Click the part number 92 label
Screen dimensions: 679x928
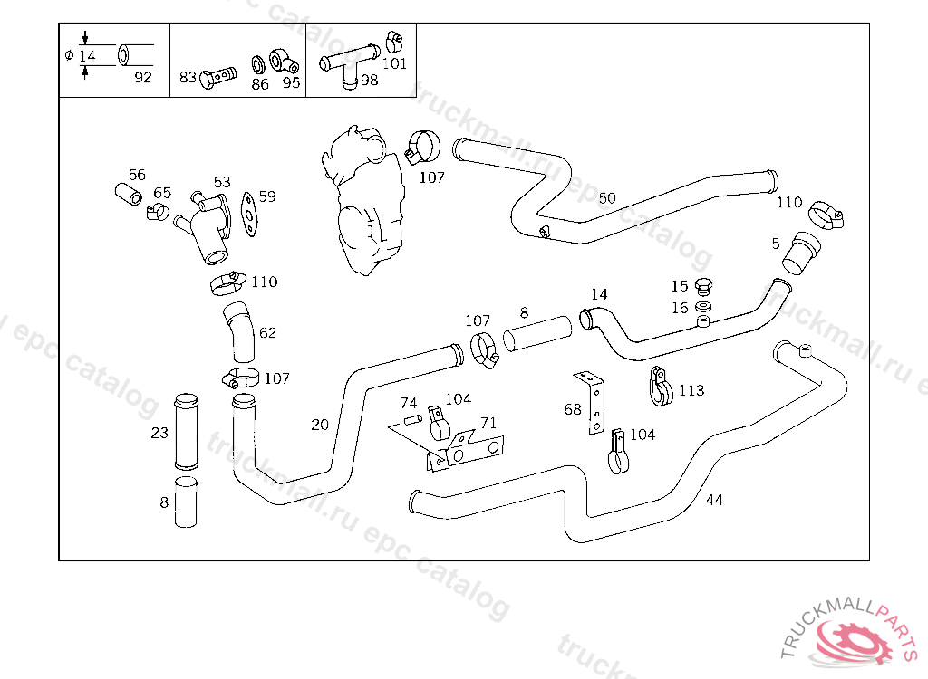point(143,77)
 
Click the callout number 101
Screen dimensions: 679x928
point(394,63)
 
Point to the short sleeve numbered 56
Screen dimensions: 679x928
point(129,193)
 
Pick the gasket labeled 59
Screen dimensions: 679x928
point(251,215)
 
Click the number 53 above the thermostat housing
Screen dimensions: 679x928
point(222,183)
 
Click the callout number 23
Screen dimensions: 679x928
point(159,433)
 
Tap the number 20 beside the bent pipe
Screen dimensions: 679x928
point(320,424)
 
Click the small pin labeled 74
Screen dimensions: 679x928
point(412,419)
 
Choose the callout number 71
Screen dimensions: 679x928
point(488,423)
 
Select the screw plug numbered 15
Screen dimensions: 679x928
point(704,287)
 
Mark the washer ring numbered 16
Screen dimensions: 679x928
point(703,308)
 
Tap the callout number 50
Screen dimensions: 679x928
point(607,198)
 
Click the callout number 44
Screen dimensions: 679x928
point(714,500)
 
